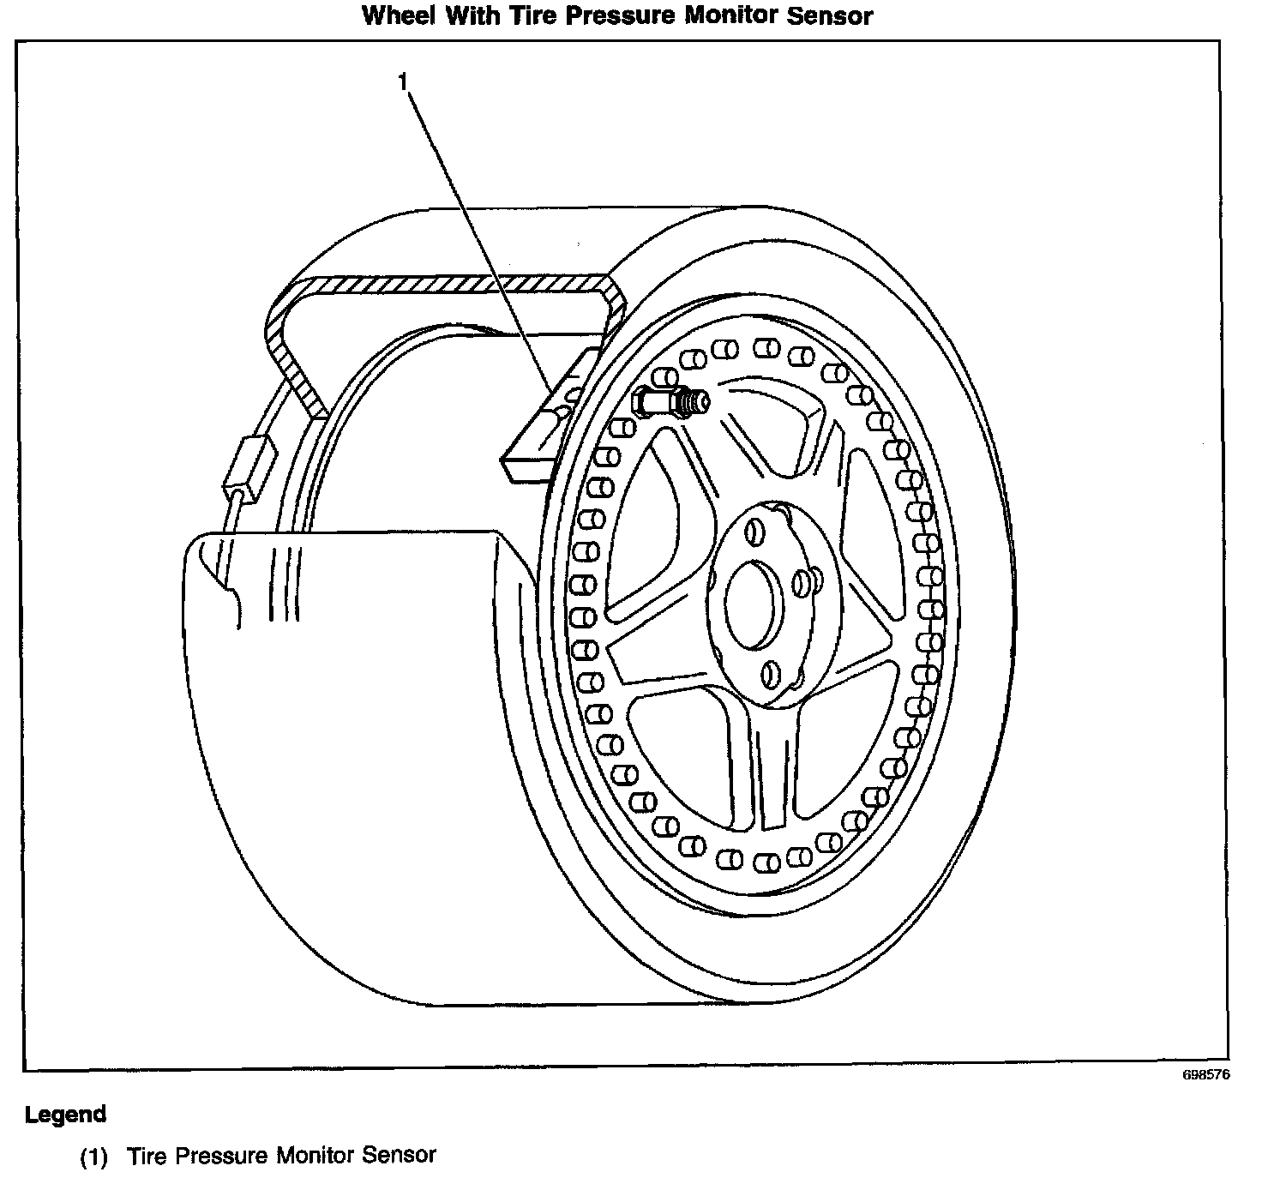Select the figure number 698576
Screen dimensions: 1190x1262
pos(1205,1076)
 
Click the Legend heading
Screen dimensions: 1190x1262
pos(65,1115)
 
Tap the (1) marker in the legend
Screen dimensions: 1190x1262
pos(94,1157)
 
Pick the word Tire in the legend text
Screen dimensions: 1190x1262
pos(144,1156)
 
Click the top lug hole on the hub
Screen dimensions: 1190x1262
pos(754,532)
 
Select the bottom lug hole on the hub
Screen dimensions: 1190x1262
pos(772,674)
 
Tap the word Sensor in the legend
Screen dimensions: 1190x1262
pos(400,1156)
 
